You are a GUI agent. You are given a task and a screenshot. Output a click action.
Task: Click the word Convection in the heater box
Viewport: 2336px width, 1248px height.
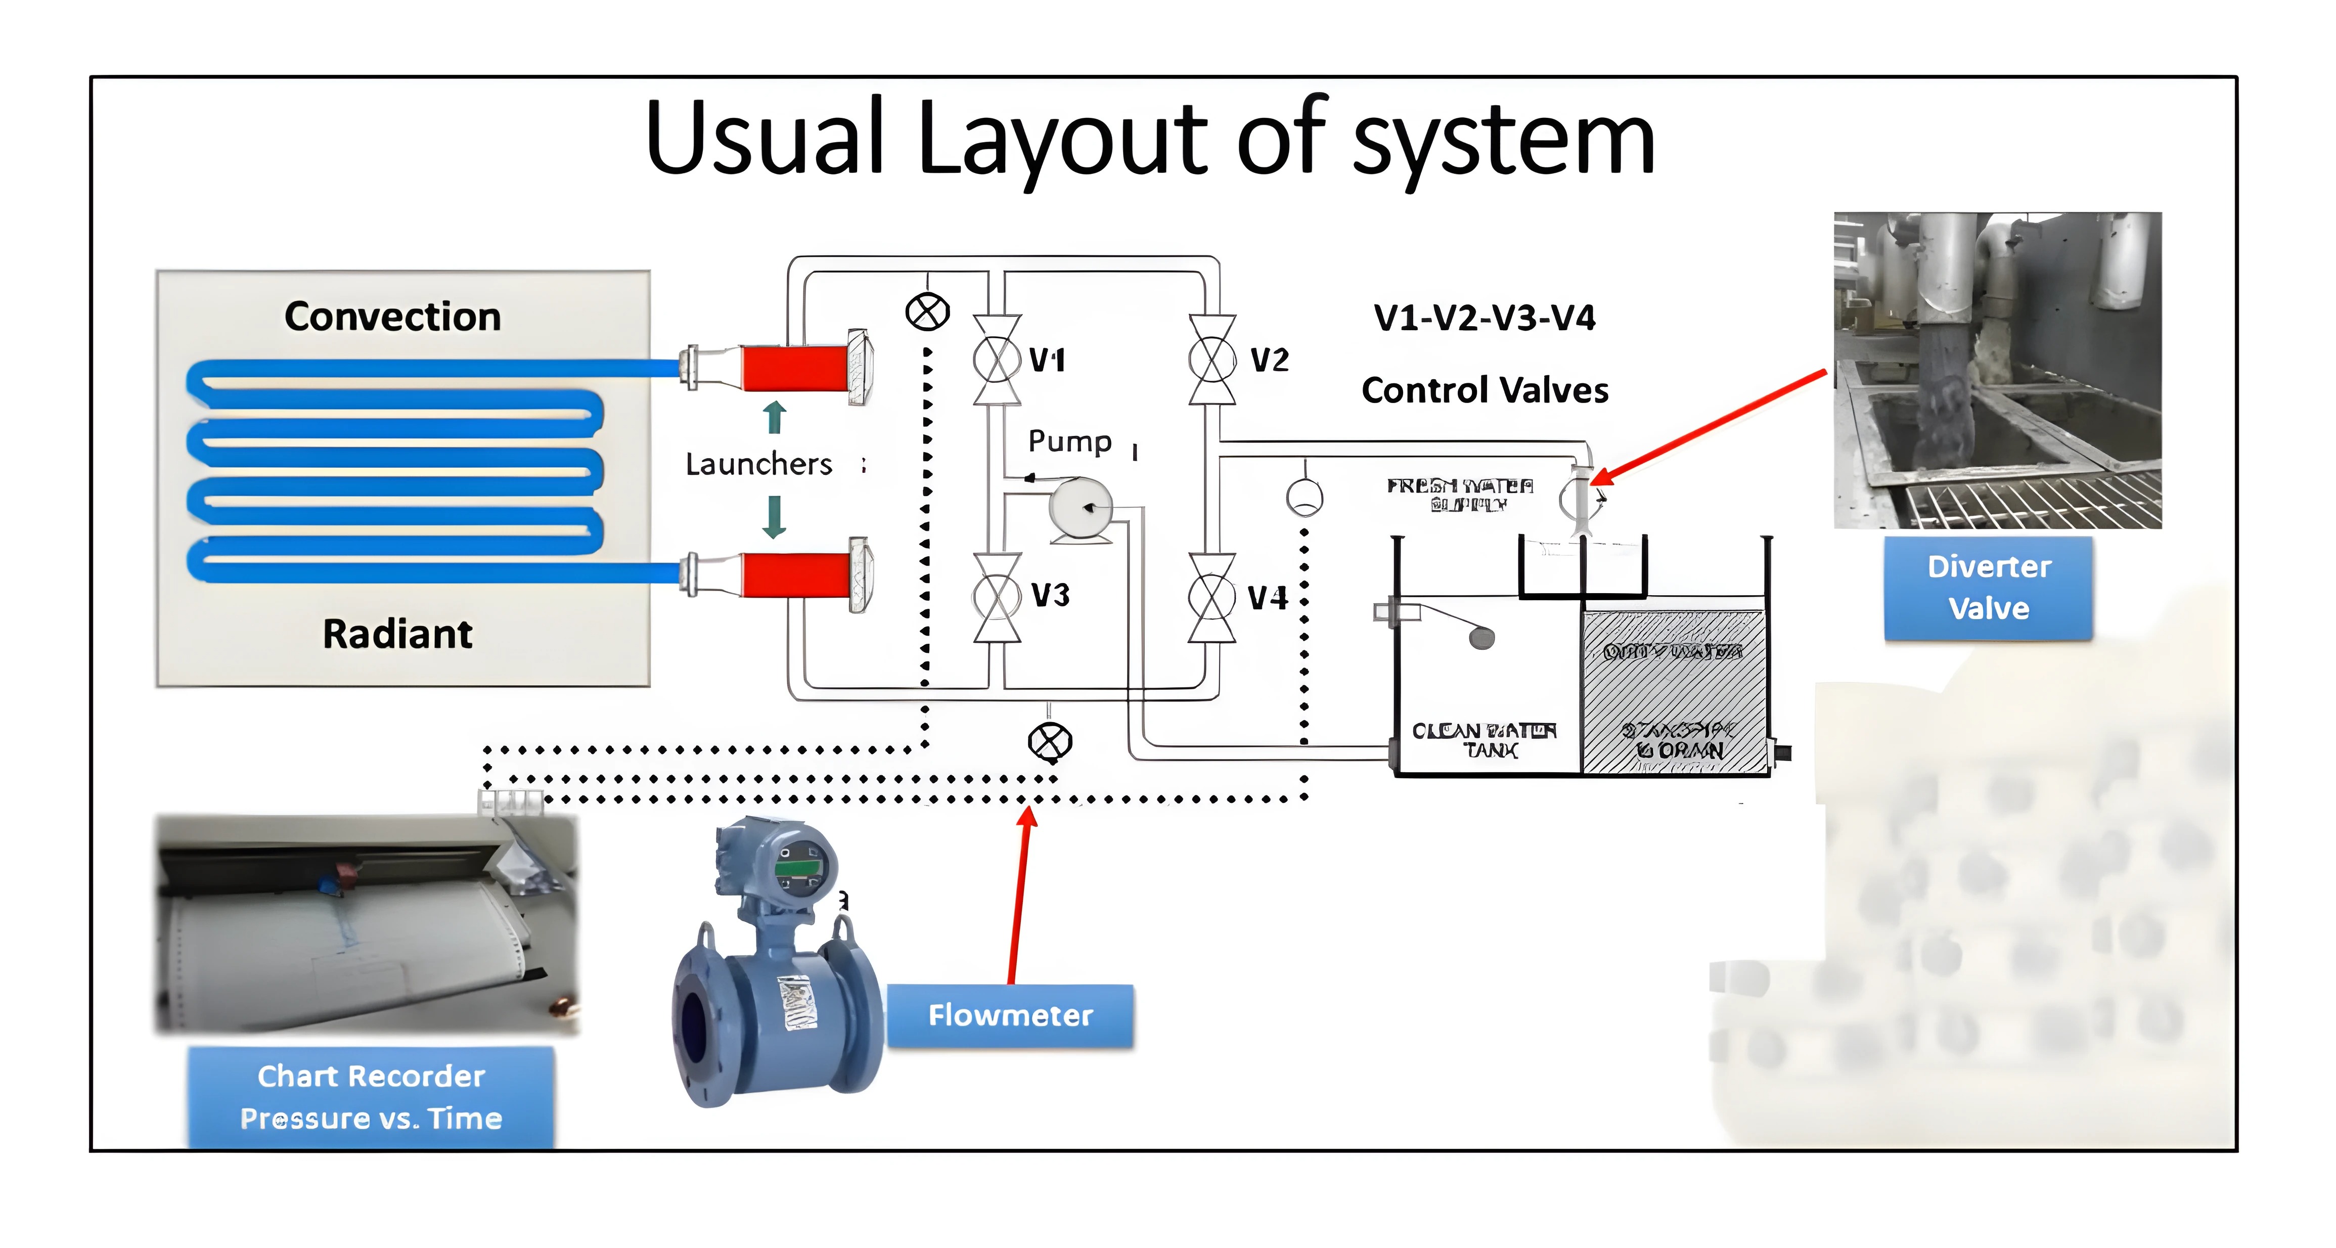393,317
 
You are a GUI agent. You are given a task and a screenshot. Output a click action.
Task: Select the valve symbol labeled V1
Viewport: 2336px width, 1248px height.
997,360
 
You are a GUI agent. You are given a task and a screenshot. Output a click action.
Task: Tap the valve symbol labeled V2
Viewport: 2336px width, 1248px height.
1212,360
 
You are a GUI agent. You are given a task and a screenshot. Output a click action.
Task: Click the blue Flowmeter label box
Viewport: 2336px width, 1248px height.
1010,1016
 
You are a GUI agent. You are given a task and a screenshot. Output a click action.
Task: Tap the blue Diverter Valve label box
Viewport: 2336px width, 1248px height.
1989,588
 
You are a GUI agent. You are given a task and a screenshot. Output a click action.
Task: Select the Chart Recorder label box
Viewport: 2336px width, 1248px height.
371,1097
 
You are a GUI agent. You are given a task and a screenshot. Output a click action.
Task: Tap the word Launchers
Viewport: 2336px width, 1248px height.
758,464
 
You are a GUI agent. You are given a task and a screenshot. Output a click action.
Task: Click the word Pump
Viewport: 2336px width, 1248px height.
1070,441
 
